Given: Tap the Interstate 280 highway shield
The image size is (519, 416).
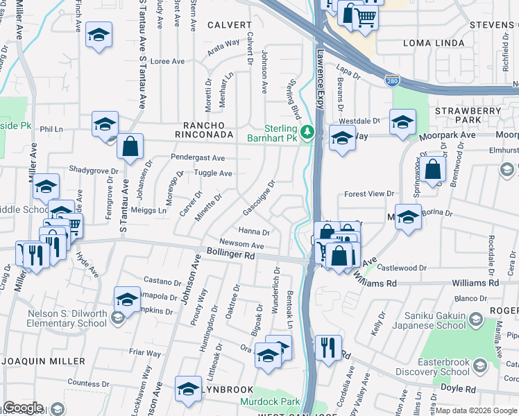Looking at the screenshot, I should pyautogui.click(x=392, y=81).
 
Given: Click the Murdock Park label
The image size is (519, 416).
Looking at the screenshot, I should pyautogui.click(x=270, y=401).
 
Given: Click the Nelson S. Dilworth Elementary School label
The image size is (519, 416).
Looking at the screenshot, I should pyautogui.click(x=67, y=318).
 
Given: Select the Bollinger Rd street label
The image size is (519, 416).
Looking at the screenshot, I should pyautogui.click(x=230, y=255).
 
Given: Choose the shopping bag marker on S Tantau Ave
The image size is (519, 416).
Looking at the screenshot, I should pyautogui.click(x=130, y=146).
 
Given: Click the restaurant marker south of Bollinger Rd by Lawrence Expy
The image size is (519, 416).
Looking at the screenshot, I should pyautogui.click(x=328, y=347).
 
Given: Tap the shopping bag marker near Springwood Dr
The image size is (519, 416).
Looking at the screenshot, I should pyautogui.click(x=432, y=169).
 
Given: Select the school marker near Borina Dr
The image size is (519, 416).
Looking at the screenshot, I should pyautogui.click(x=408, y=217).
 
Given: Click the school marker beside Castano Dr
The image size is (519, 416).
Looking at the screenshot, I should pyautogui.click(x=127, y=300).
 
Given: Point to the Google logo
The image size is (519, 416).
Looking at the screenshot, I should pyautogui.click(x=23, y=408).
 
